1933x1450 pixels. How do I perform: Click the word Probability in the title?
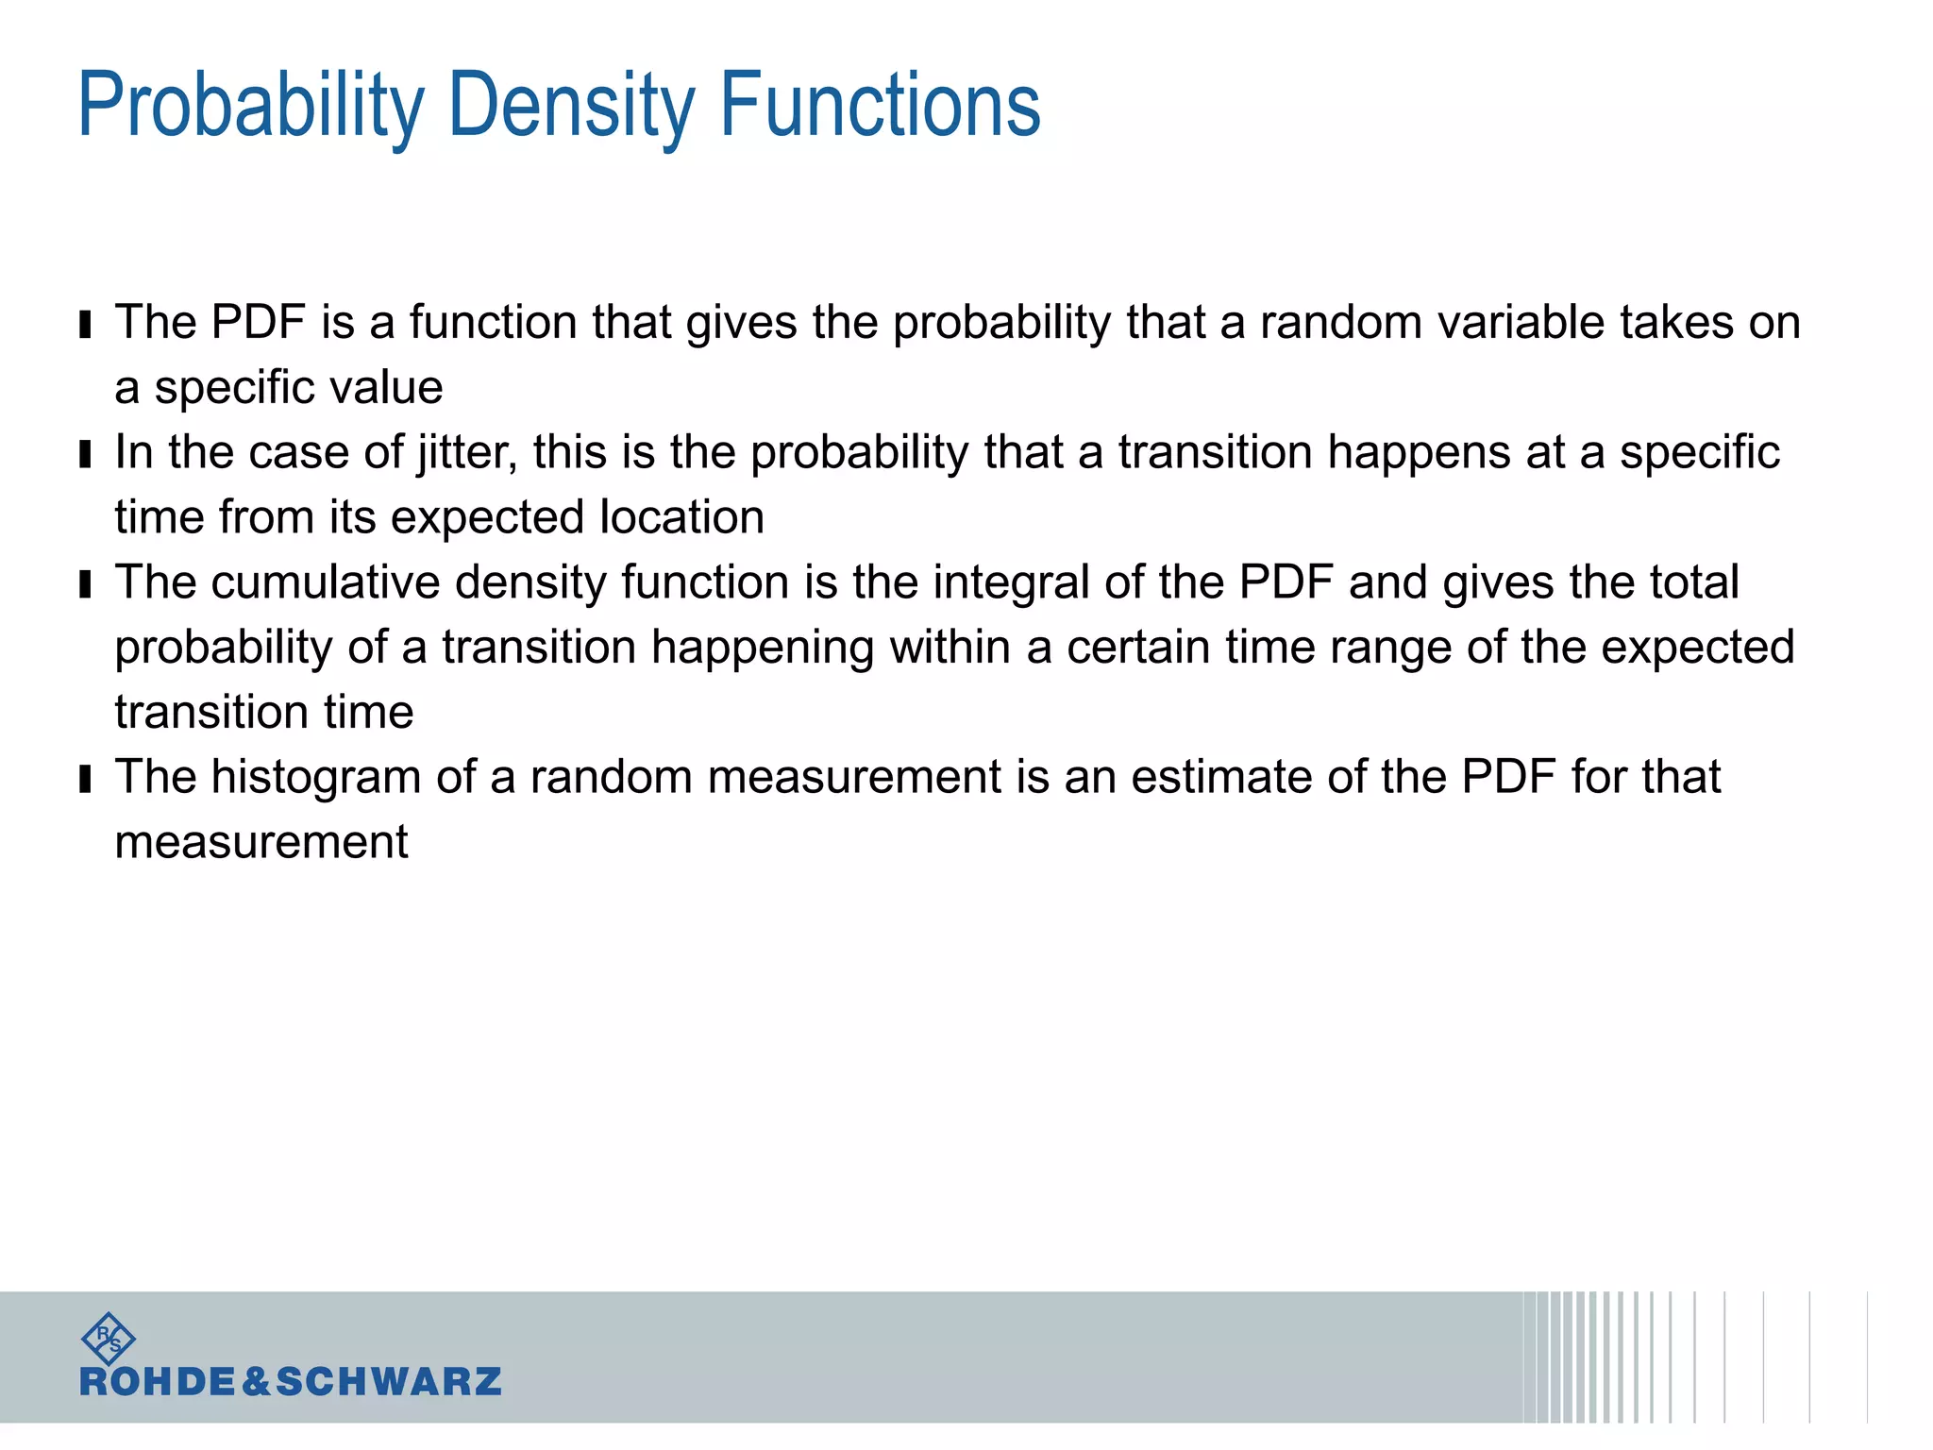point(251,106)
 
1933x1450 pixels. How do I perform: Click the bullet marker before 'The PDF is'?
point(86,325)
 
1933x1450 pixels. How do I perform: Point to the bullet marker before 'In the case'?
point(86,455)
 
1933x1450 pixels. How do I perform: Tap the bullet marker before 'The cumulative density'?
point(86,585)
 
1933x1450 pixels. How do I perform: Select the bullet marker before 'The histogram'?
point(86,780)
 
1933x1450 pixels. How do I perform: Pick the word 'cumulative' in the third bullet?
point(326,582)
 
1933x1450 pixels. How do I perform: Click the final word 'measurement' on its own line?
point(261,843)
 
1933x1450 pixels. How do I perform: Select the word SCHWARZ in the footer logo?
point(388,1382)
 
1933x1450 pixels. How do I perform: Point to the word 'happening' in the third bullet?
point(763,649)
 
